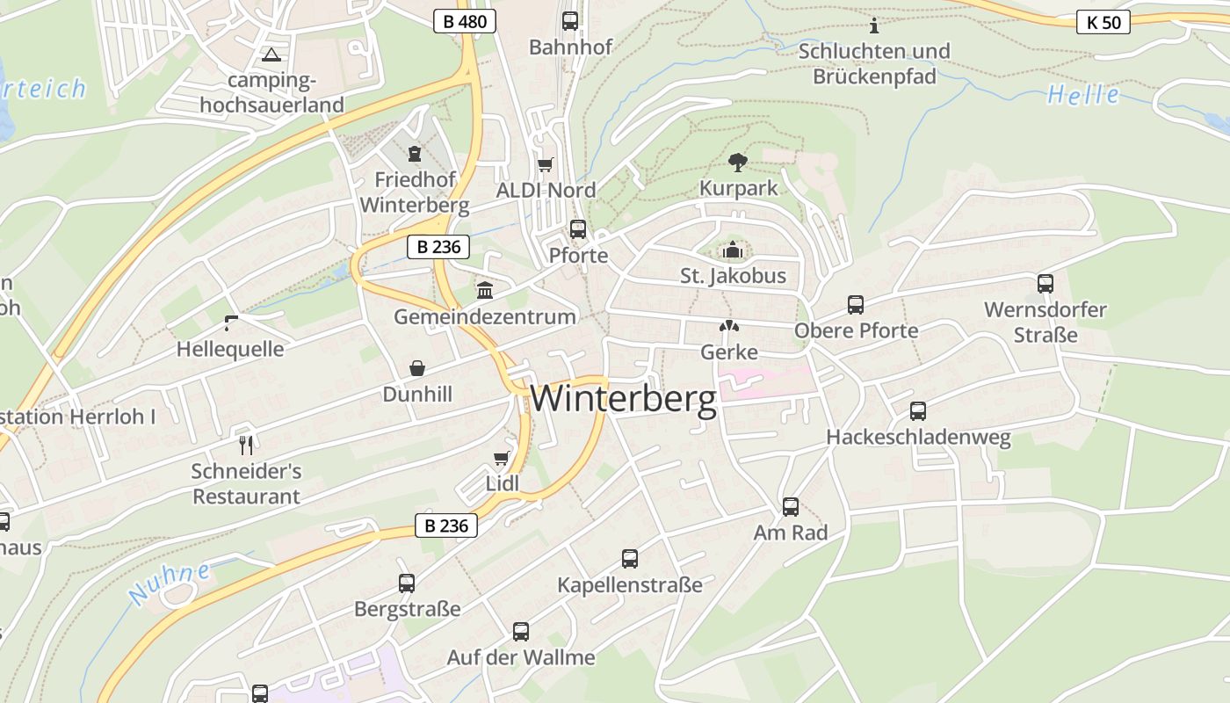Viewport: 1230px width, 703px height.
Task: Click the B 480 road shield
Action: (x=465, y=21)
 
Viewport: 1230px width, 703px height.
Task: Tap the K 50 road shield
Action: (x=1103, y=22)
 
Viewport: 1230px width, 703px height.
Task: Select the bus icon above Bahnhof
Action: (x=570, y=21)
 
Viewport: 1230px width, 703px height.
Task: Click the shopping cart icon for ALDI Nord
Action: (x=546, y=164)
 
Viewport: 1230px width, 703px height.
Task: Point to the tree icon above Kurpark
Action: (x=738, y=161)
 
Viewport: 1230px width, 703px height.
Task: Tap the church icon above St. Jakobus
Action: (x=732, y=251)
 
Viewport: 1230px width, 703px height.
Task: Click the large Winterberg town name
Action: (x=624, y=399)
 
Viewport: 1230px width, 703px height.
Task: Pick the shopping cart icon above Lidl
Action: (x=502, y=457)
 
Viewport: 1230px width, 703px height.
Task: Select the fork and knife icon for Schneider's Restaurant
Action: (x=246, y=445)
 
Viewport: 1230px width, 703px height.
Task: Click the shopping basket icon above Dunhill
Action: (x=416, y=368)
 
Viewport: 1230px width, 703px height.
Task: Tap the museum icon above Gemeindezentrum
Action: (x=485, y=290)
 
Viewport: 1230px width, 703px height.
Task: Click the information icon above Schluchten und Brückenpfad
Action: (x=873, y=25)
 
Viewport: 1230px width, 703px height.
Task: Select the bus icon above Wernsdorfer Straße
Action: (x=1045, y=284)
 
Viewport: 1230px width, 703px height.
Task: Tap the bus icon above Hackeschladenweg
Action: (x=918, y=410)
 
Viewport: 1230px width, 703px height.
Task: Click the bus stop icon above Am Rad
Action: (x=791, y=507)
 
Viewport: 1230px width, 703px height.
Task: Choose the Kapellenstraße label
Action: (x=630, y=584)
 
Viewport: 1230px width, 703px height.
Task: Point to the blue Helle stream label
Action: (x=1083, y=95)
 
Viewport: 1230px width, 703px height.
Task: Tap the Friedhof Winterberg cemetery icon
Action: (x=415, y=154)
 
